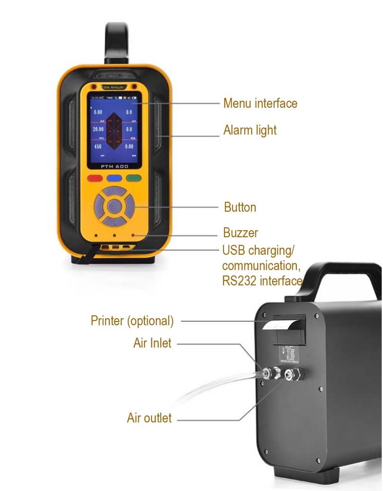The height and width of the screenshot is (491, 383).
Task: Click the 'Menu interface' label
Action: [260, 103]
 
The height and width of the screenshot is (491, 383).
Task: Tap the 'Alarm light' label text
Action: [250, 130]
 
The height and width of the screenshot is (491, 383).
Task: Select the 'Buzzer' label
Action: [241, 233]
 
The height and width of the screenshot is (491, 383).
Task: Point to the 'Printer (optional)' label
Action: [132, 321]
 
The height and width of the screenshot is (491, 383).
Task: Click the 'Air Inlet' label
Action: [152, 343]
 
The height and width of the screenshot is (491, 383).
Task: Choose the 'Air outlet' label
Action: [149, 418]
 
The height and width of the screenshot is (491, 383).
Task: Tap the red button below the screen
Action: [95, 178]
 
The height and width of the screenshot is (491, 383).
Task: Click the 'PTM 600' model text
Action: [114, 166]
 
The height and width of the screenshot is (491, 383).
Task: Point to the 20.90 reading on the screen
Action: [98, 129]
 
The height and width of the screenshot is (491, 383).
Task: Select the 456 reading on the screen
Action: [98, 147]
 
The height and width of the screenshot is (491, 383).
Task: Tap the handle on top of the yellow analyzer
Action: [117, 42]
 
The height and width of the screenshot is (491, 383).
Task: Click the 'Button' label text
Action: [240, 207]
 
